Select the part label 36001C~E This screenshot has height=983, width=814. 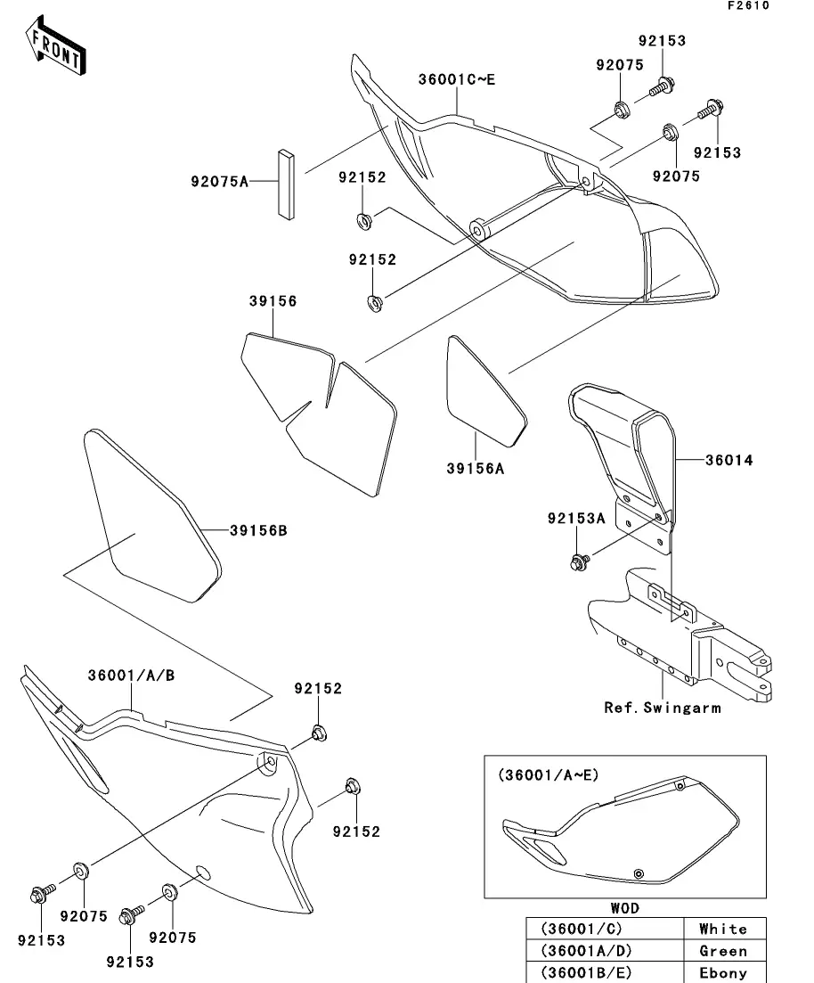click(x=456, y=79)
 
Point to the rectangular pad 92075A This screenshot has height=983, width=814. click(x=284, y=183)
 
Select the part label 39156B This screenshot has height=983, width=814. click(x=258, y=531)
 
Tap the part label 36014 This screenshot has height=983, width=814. click(x=729, y=461)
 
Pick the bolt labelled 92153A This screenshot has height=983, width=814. click(x=577, y=562)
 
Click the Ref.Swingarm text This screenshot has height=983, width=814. click(x=663, y=708)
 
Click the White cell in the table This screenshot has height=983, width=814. click(x=722, y=929)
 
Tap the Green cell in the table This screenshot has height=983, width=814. click(x=722, y=951)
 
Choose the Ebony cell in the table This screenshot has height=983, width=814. click(x=722, y=972)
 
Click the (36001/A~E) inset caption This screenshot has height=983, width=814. click(x=549, y=775)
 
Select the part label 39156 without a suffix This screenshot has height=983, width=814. click(x=273, y=302)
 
